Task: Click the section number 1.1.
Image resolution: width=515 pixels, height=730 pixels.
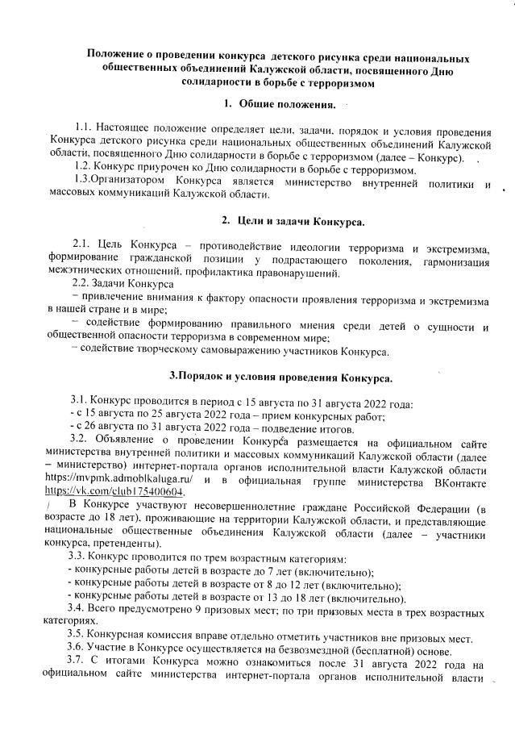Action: pos(81,130)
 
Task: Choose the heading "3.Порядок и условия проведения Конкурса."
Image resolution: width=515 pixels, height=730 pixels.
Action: pos(280,377)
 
